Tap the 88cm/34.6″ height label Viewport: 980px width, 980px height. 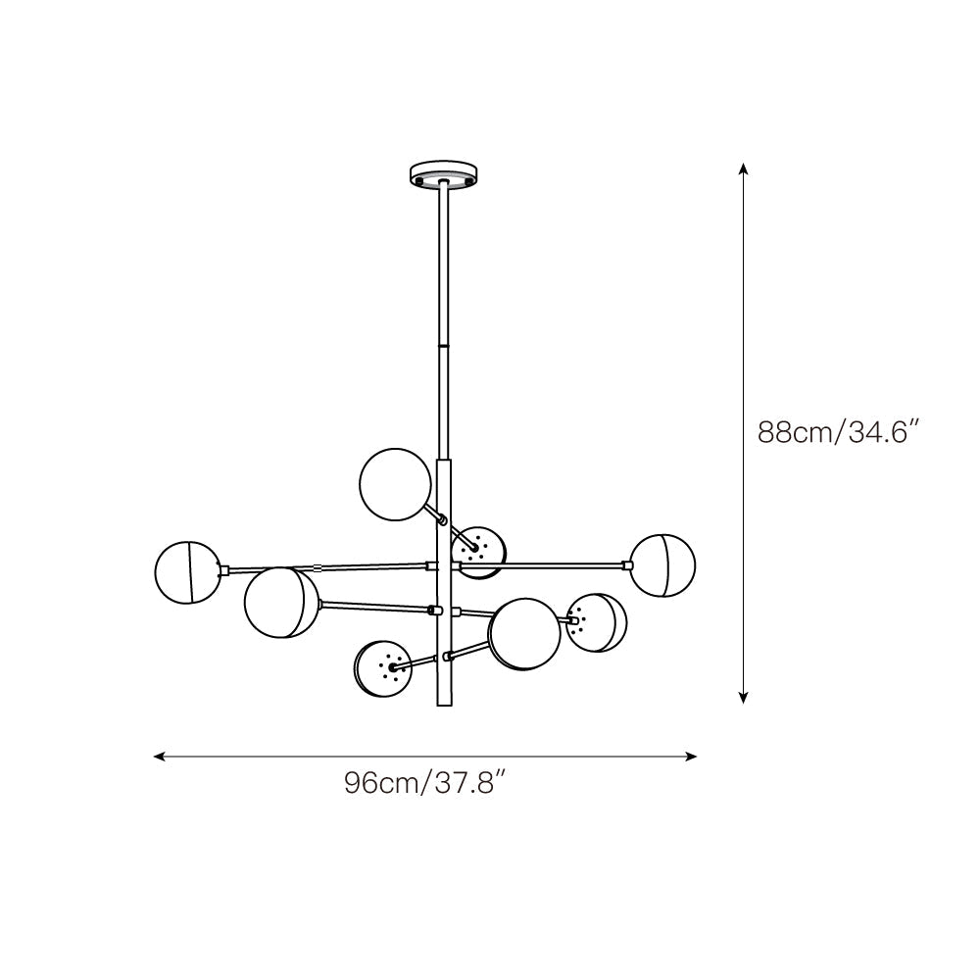point(837,432)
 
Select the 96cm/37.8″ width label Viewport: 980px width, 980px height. point(425,784)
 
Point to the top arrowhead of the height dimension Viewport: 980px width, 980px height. point(744,169)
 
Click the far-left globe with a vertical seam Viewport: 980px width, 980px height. point(186,571)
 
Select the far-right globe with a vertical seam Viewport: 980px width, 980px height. point(662,565)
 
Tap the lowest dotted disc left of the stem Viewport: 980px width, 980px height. point(384,667)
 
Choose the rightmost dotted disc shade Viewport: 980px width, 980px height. point(596,622)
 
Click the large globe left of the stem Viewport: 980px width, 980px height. point(281,603)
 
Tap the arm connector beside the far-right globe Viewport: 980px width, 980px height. point(626,564)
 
